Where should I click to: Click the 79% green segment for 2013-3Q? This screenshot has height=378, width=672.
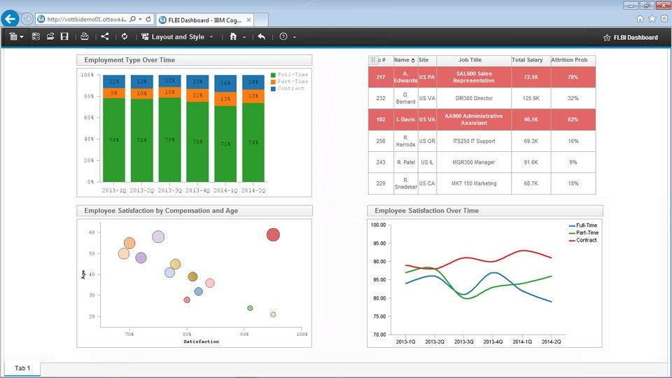tap(169, 139)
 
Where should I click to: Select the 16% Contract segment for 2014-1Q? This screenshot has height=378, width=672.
tap(225, 83)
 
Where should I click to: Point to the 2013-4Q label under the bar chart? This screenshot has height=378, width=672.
tap(198, 190)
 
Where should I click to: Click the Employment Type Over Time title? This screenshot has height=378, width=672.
tap(129, 60)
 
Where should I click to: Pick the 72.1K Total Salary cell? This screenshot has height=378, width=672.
tap(531, 77)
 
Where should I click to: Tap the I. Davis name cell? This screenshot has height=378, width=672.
tap(406, 120)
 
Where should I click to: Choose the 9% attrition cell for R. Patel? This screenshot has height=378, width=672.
tap(573, 162)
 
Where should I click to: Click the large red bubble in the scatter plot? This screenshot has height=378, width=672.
tap(273, 234)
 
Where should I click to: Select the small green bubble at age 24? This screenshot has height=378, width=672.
tap(250, 308)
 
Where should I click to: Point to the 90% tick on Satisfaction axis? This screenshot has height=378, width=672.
tap(244, 335)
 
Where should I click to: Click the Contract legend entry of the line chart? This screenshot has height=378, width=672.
tap(587, 240)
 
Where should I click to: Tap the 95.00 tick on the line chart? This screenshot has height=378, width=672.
tap(378, 244)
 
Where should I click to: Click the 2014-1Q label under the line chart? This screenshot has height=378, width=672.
tap(522, 342)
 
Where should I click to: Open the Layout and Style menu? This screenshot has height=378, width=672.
tap(177, 36)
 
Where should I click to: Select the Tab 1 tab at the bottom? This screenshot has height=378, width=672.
tap(22, 367)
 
